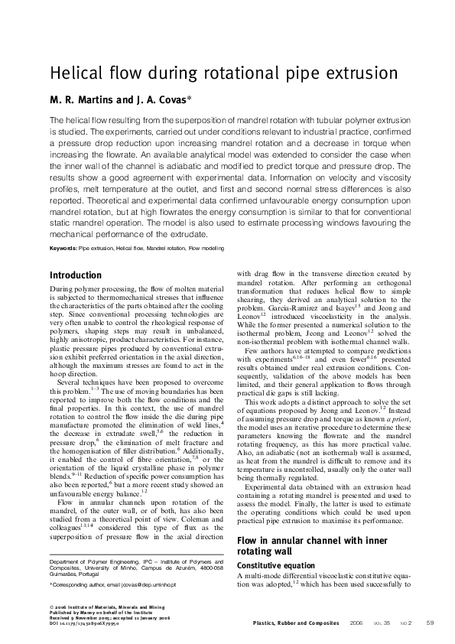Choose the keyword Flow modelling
pyautogui.click(x=201, y=249)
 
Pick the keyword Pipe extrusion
pyautogui.click(x=98, y=249)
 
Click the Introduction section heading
pyautogui.click(x=75, y=275)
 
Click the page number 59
pyautogui.click(x=430, y=623)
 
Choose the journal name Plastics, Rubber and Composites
pyautogui.click(x=295, y=623)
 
